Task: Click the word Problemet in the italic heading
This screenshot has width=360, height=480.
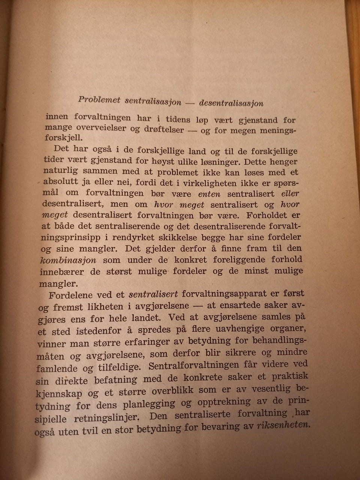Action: click(x=99, y=99)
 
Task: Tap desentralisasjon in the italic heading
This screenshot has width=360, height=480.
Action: click(x=231, y=103)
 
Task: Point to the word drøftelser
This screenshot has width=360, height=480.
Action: click(x=164, y=130)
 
